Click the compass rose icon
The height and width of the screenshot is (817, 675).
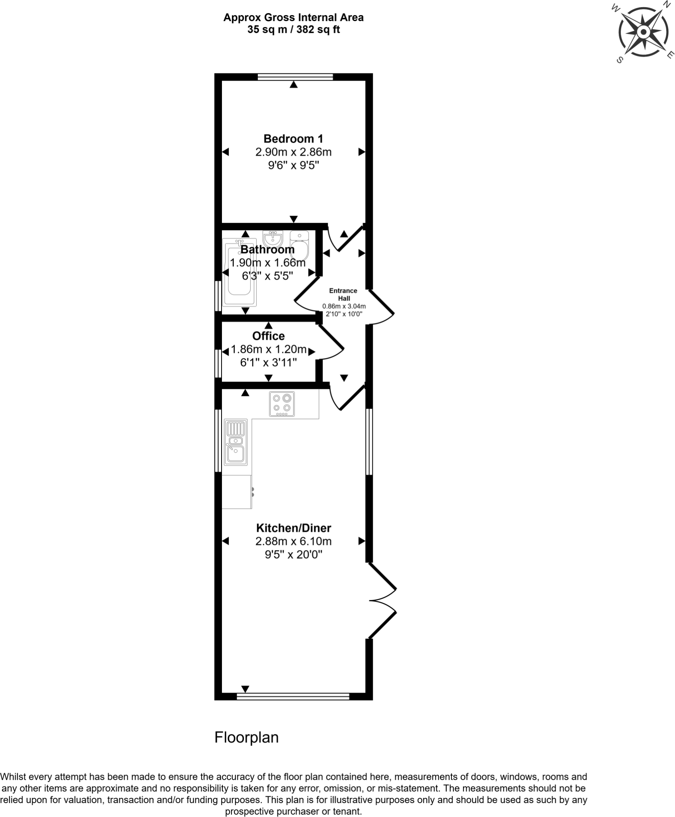(643, 32)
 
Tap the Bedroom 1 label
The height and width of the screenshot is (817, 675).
(293, 139)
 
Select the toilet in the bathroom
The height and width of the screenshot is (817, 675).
(300, 244)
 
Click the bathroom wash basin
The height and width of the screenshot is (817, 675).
(273, 239)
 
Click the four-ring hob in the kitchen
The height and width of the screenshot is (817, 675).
(282, 404)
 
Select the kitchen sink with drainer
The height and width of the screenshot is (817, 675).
(236, 442)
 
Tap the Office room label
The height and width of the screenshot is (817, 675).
(268, 336)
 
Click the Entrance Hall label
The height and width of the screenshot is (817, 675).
(343, 294)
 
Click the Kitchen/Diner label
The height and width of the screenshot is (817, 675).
(293, 528)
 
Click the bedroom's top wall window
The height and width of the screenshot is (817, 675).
(295, 77)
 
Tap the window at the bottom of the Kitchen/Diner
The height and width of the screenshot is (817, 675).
(293, 697)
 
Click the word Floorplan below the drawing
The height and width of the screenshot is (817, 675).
(246, 737)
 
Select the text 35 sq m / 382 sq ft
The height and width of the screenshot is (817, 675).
(293, 30)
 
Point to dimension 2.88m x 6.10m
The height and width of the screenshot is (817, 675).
(293, 541)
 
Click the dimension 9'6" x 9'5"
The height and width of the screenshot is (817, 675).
(293, 165)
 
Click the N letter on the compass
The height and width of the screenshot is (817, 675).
(666, 4)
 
